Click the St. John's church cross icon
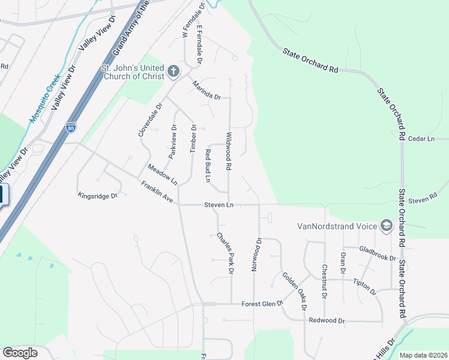pos(173,72)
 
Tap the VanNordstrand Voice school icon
pos(386,226)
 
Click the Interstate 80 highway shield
pos(70,127)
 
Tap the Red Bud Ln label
pos(208,166)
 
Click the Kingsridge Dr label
pos(98,196)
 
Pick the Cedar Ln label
pos(421,139)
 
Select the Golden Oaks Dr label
pos(295,290)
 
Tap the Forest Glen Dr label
pos(262,304)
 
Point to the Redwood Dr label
pos(327,321)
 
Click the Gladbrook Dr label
pos(378,254)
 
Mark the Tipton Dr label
pos(364,287)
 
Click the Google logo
pos(20,353)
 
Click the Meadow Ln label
pos(163,175)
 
